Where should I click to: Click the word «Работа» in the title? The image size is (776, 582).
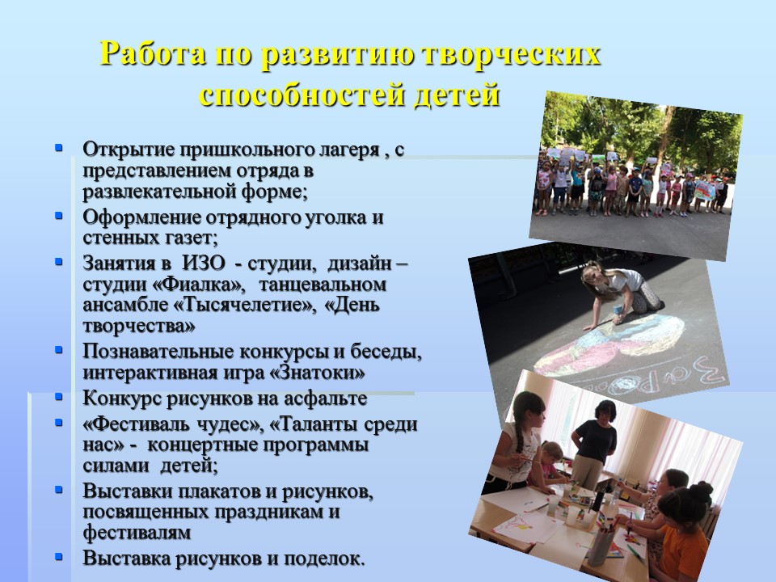tap(153, 53)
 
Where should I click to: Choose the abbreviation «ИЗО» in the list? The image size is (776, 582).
tap(204, 263)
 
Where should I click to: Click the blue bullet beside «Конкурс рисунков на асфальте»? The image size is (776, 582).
tap(59, 396)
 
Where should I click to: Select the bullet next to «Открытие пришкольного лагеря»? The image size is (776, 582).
tap(59, 147)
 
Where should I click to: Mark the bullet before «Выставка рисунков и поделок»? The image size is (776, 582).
tap(59, 556)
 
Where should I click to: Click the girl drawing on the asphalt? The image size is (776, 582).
tap(618, 297)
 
